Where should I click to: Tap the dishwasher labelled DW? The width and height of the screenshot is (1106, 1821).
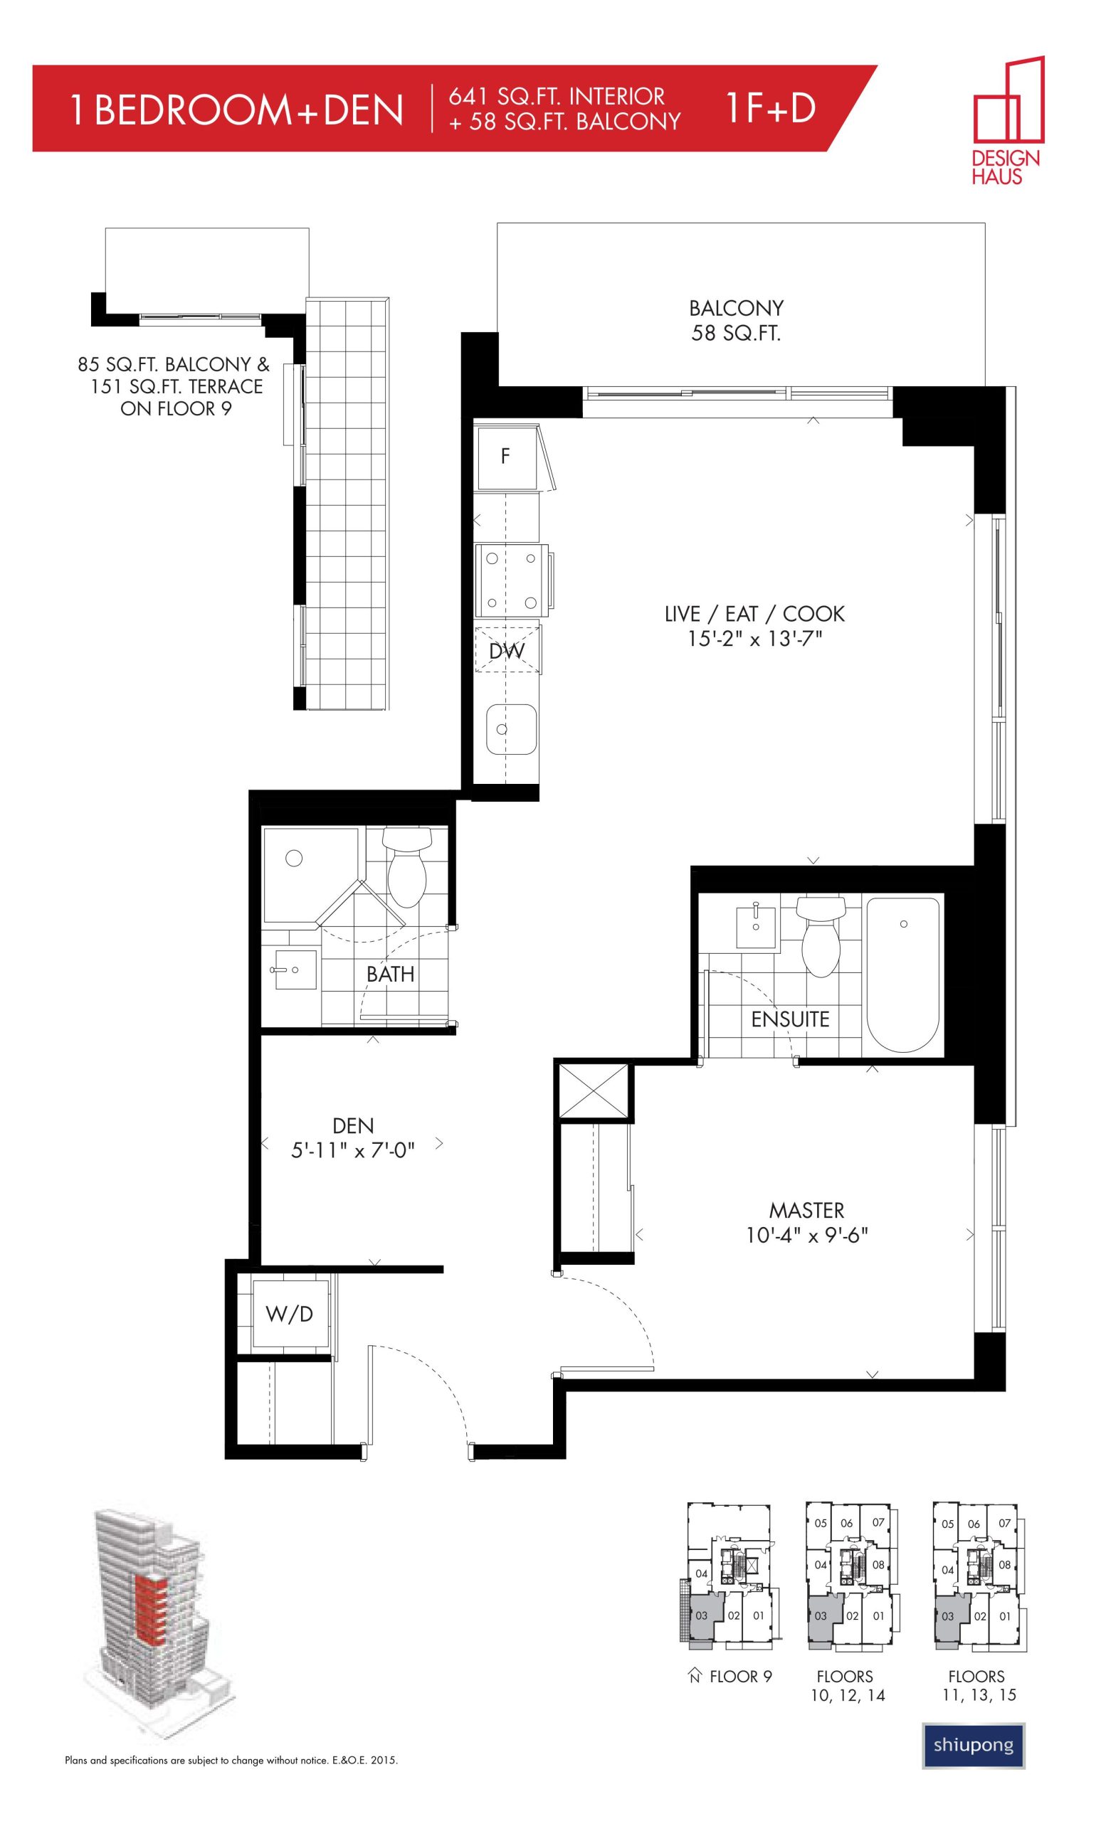coord(507,649)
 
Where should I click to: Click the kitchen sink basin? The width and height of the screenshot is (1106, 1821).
coord(510,728)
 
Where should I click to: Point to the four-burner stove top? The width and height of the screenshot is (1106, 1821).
coord(510,580)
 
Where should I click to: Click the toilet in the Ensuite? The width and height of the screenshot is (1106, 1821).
coord(821,934)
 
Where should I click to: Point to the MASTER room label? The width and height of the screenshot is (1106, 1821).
coord(806,1210)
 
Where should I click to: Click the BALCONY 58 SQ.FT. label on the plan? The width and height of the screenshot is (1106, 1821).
coord(736,320)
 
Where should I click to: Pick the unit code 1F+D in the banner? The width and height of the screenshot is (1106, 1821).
coord(771,108)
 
